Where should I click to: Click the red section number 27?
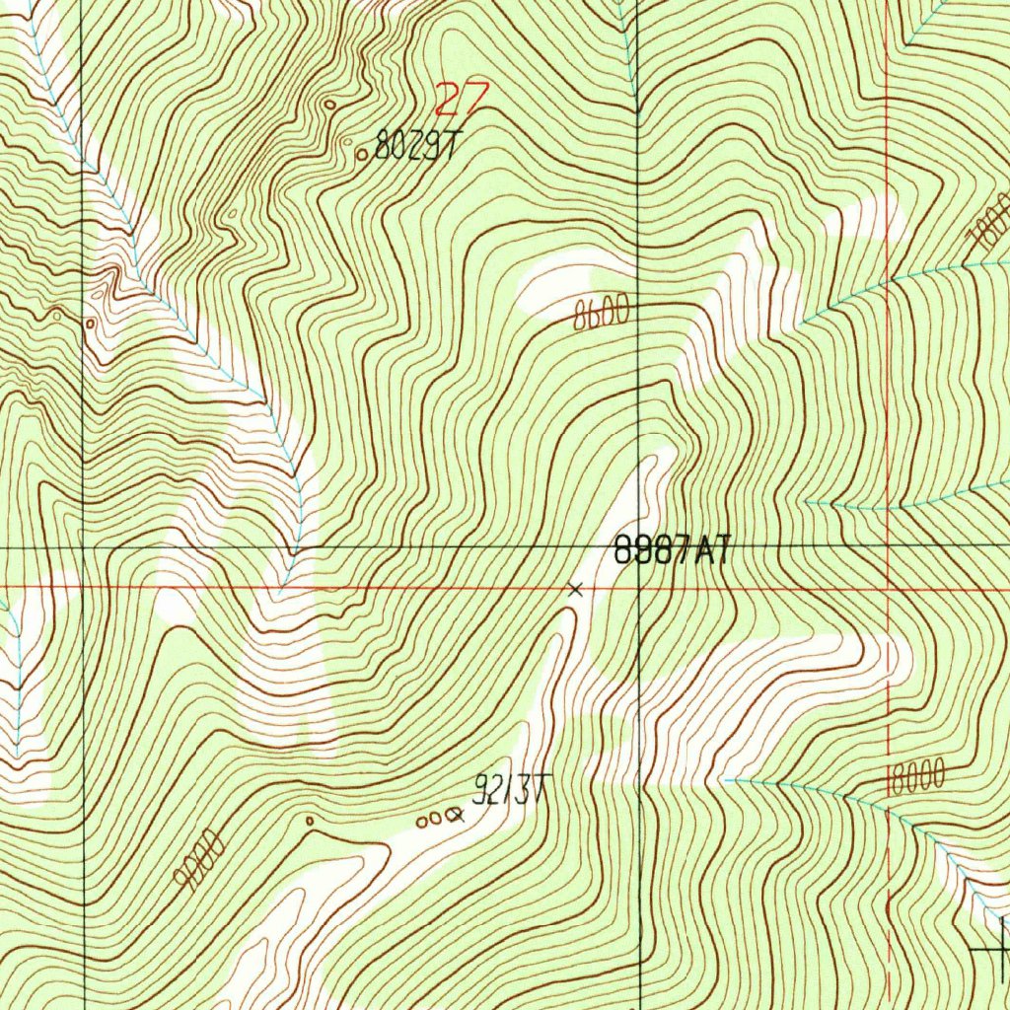click(x=462, y=99)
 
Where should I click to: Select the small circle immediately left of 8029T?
click(x=362, y=154)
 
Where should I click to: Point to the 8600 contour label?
click(x=601, y=315)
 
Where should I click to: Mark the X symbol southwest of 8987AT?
click(x=576, y=590)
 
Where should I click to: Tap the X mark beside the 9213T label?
click(x=455, y=816)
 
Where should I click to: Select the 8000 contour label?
click(x=917, y=777)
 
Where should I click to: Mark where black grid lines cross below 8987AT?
click(x=639, y=546)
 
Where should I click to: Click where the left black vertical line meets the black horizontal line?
click(x=83, y=546)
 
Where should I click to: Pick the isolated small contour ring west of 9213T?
click(x=310, y=820)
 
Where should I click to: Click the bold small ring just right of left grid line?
click(x=91, y=323)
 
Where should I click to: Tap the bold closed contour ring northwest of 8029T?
click(x=328, y=104)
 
